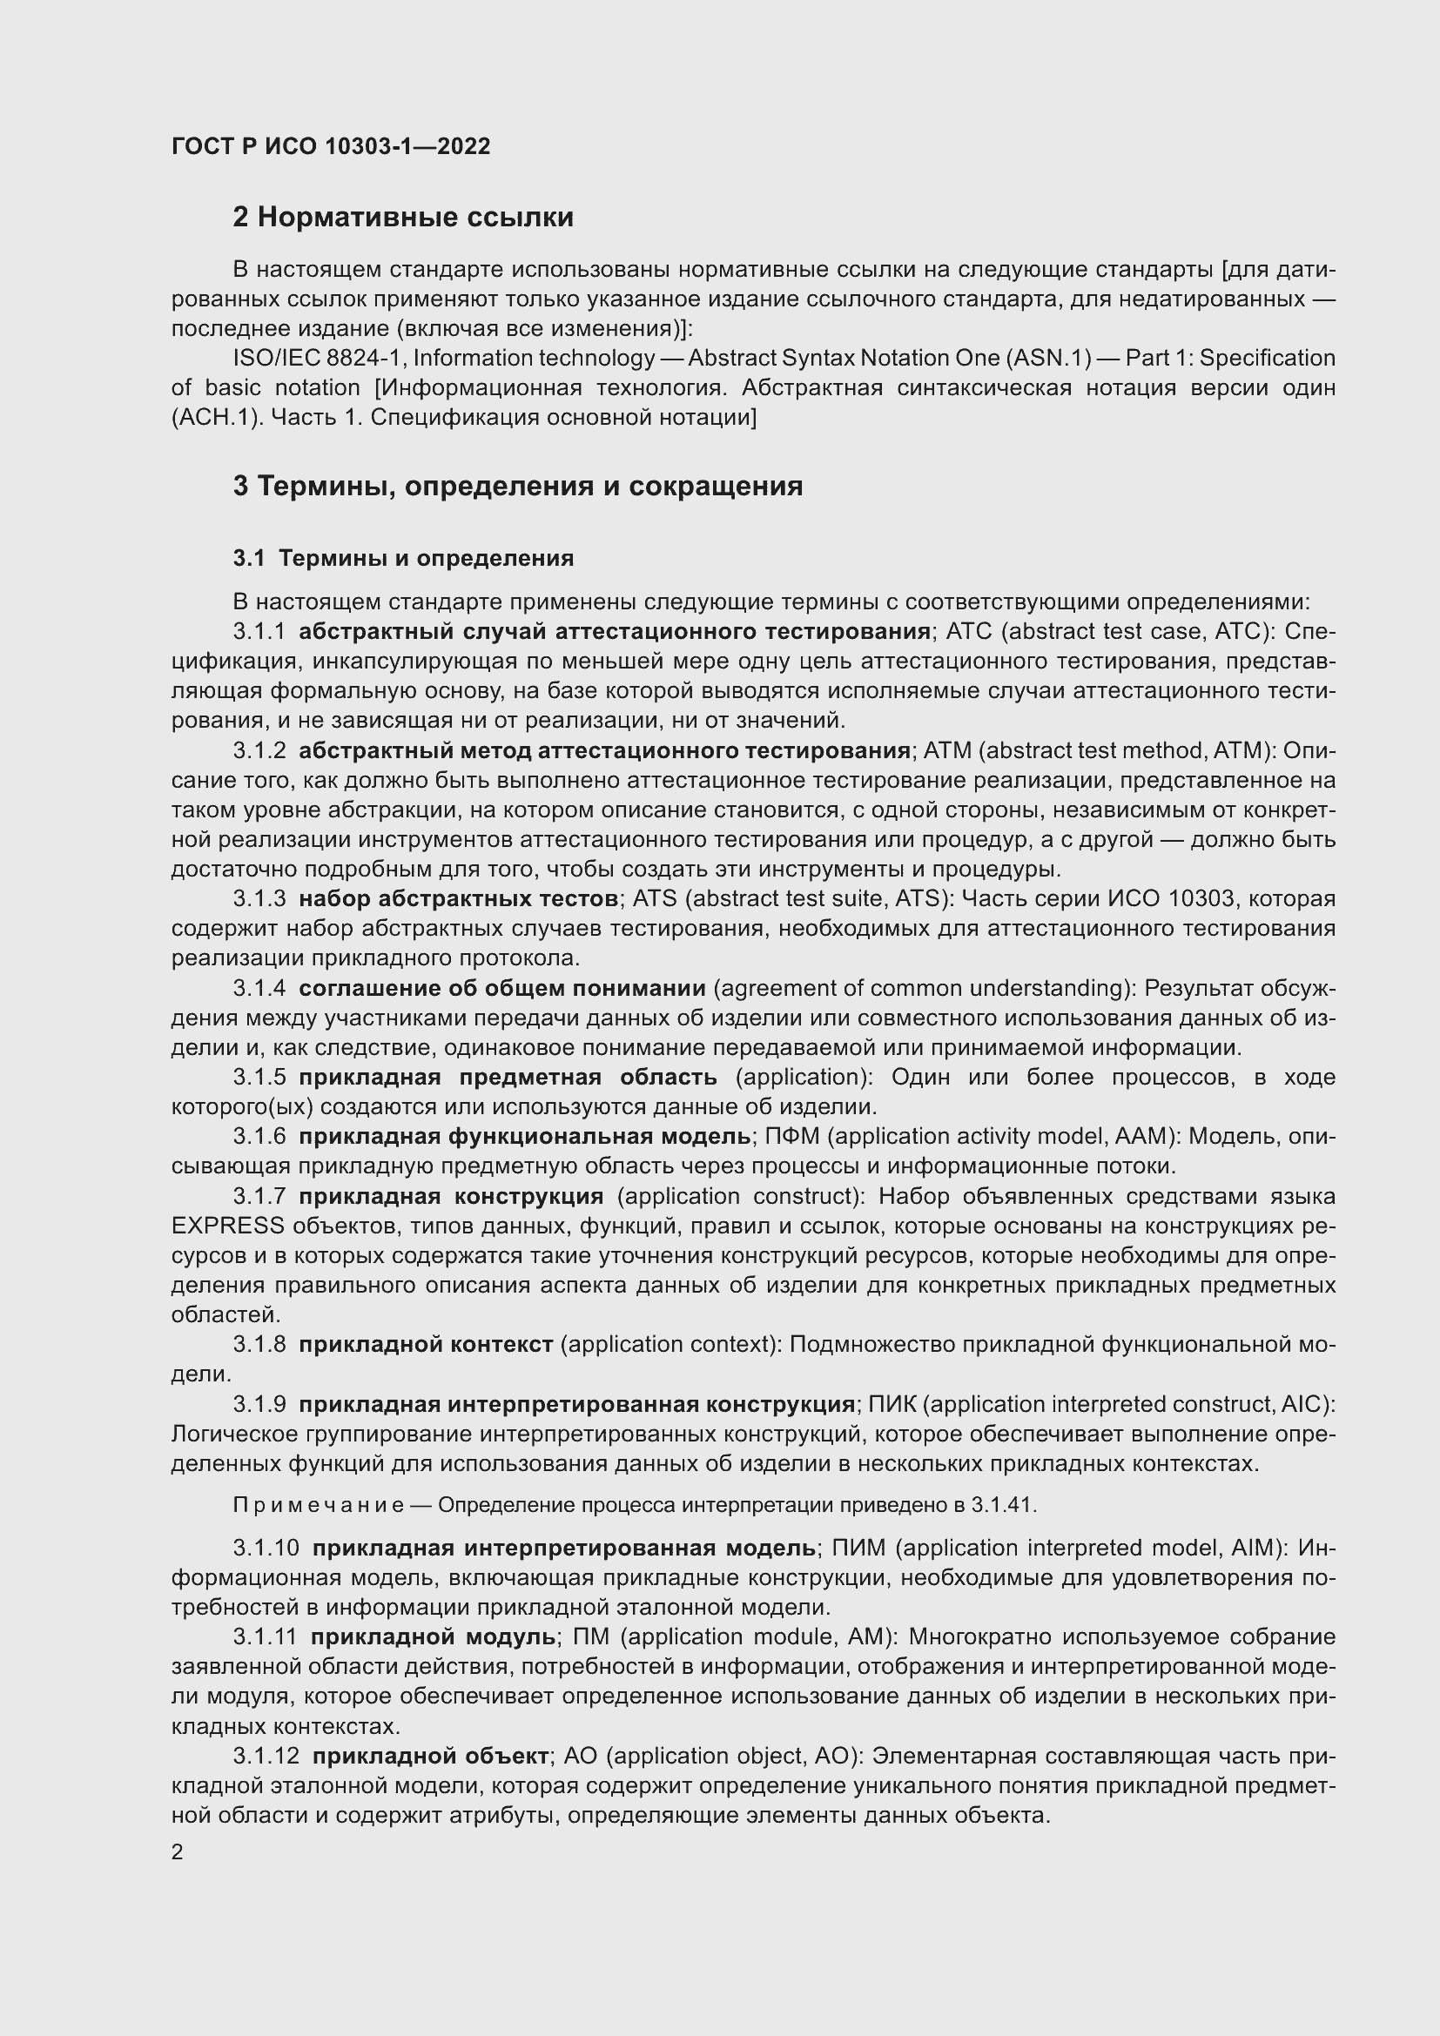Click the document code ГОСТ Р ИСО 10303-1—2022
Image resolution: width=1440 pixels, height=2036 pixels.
coord(331,146)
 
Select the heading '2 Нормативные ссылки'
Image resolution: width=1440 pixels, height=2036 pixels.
coord(402,218)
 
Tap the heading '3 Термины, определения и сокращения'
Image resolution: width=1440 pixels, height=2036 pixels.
coord(518,486)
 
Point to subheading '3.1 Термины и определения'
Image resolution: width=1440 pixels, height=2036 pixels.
coord(403,558)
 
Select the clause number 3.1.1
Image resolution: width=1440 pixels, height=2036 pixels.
coord(259,631)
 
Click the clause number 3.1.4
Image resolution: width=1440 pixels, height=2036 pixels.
coord(259,988)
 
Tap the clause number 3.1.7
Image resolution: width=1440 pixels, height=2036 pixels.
coord(259,1196)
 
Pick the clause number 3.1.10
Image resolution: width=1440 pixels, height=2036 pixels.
coord(266,1549)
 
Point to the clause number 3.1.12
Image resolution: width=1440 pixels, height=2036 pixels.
coord(266,1756)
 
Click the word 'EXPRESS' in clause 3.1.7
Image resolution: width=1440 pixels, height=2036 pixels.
coord(228,1226)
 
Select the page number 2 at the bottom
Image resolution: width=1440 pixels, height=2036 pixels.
coord(178,1852)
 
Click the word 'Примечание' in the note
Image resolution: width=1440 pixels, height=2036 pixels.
coord(319,1506)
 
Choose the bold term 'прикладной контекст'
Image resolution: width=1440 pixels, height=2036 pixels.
coord(426,1344)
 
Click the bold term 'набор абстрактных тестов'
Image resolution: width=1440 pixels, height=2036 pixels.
coord(459,899)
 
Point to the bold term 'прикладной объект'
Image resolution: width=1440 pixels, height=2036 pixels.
coord(431,1756)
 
